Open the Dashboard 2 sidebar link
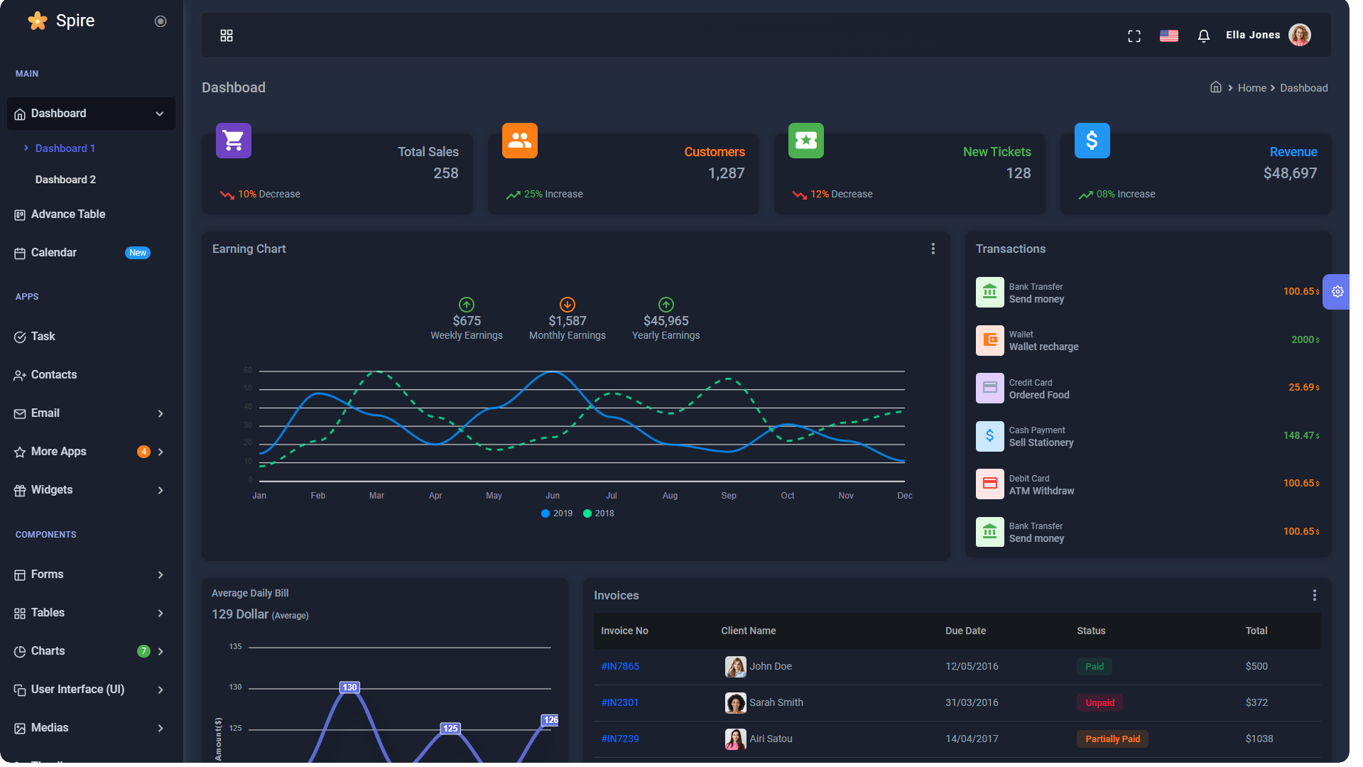65,180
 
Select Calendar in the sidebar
54,253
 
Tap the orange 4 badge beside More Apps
143,452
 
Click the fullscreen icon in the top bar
1134,36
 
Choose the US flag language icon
1168,36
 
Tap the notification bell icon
1203,36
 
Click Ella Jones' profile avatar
1299,35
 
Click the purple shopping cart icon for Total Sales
234,141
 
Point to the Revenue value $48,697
1289,173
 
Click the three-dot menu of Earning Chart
933,249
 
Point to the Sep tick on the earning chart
728,496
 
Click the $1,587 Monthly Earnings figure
567,321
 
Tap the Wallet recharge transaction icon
989,340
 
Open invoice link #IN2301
619,702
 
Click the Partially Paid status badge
1112,739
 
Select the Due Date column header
965,631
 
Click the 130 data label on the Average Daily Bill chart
349,687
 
